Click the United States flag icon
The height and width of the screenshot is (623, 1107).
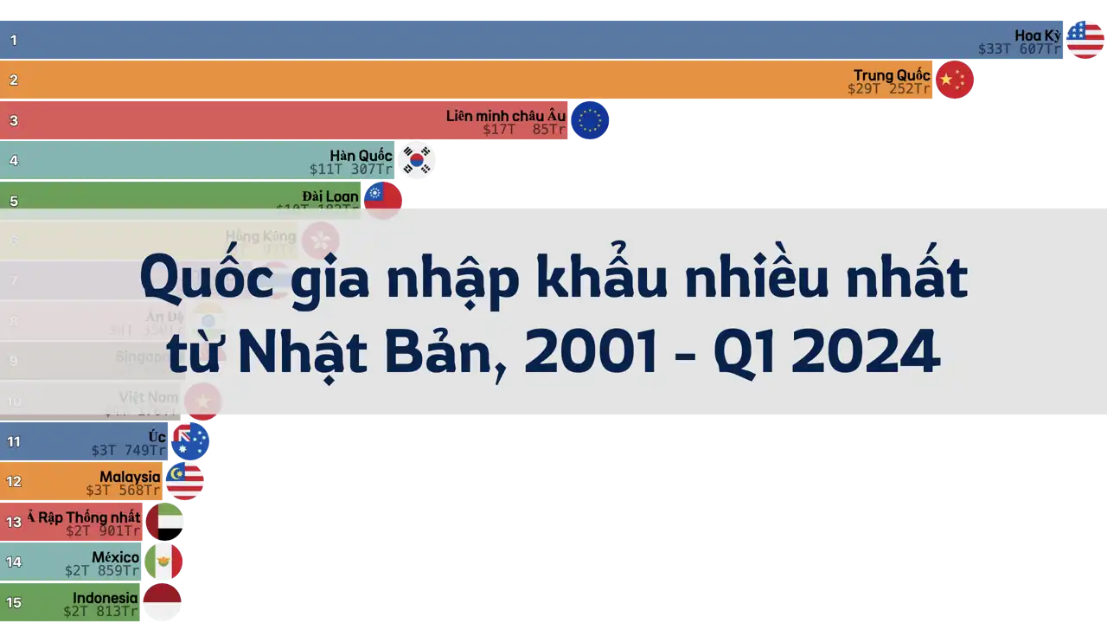click(1085, 40)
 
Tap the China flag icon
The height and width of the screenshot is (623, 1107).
click(955, 80)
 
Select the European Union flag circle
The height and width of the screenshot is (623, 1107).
click(591, 121)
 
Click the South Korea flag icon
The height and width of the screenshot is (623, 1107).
click(417, 160)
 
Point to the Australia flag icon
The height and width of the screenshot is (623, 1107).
click(190, 441)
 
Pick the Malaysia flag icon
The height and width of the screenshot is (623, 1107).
click(185, 481)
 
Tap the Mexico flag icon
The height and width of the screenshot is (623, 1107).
click(163, 562)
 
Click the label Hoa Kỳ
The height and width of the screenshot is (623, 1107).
click(1037, 35)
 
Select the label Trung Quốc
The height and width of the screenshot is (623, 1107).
click(892, 75)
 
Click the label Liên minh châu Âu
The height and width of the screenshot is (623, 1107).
click(506, 116)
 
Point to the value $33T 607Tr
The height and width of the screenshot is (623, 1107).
click(1020, 49)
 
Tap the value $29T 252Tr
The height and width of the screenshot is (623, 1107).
click(889, 89)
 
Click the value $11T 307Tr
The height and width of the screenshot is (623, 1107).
click(351, 170)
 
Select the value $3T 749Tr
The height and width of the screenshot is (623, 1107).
click(129, 450)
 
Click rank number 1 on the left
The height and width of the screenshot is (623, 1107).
click(14, 40)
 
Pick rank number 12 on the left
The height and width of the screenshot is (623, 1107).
click(14, 481)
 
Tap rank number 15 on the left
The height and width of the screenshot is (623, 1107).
click(14, 602)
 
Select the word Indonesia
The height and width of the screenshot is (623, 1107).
click(105, 598)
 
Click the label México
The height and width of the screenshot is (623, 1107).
click(115, 557)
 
